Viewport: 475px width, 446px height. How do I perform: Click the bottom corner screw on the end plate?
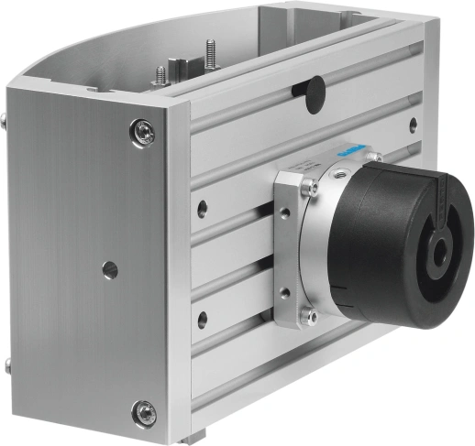click(x=143, y=412)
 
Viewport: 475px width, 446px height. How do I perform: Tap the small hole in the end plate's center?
click(x=110, y=270)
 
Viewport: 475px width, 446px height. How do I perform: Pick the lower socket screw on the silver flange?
click(x=312, y=317)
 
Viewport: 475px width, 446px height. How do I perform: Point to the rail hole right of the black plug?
click(x=413, y=123)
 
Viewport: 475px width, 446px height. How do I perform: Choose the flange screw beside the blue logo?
click(x=374, y=158)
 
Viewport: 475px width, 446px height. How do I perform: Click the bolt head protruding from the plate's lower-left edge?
click(x=6, y=366)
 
